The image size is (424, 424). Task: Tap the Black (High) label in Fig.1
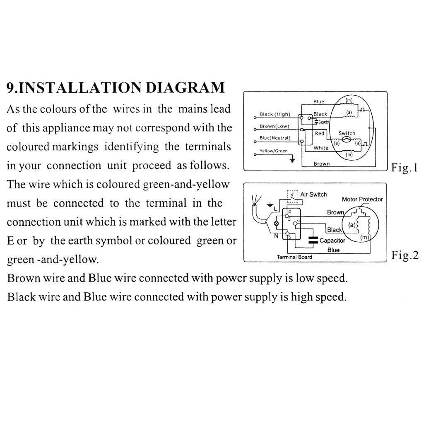click(x=275, y=114)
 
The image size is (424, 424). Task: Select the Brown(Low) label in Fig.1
click(x=274, y=126)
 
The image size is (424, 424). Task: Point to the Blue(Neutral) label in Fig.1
click(x=275, y=138)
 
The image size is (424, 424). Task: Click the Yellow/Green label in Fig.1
click(x=273, y=151)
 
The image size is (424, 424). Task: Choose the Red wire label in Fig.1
click(x=320, y=133)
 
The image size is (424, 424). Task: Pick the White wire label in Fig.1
click(x=321, y=148)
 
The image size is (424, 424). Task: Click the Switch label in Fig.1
click(x=347, y=133)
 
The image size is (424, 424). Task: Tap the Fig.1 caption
click(x=405, y=168)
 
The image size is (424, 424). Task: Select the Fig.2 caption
click(x=405, y=255)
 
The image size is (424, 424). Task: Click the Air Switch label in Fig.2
click(x=313, y=194)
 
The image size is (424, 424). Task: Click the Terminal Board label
click(x=294, y=257)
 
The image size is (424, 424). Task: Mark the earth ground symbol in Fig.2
click(x=270, y=204)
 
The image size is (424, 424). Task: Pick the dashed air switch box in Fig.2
click(x=293, y=195)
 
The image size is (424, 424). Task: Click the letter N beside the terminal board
click(x=275, y=236)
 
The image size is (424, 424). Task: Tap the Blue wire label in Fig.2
click(x=333, y=250)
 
